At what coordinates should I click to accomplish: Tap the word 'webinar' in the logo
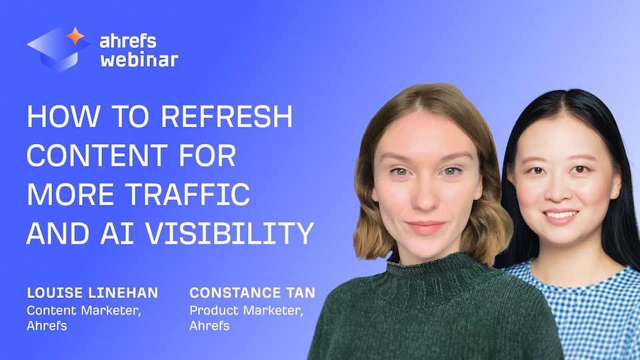[x=139, y=60]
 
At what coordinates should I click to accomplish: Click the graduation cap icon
[x=57, y=49]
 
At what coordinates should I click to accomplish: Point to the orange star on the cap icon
[x=75, y=36]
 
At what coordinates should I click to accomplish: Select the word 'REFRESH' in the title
[x=227, y=118]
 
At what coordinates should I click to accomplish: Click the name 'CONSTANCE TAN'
[x=252, y=293]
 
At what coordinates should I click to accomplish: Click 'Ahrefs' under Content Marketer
[x=47, y=326]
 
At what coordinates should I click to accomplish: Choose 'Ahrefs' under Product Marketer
[x=209, y=326]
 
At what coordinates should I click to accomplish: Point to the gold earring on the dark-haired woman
[x=613, y=194]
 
